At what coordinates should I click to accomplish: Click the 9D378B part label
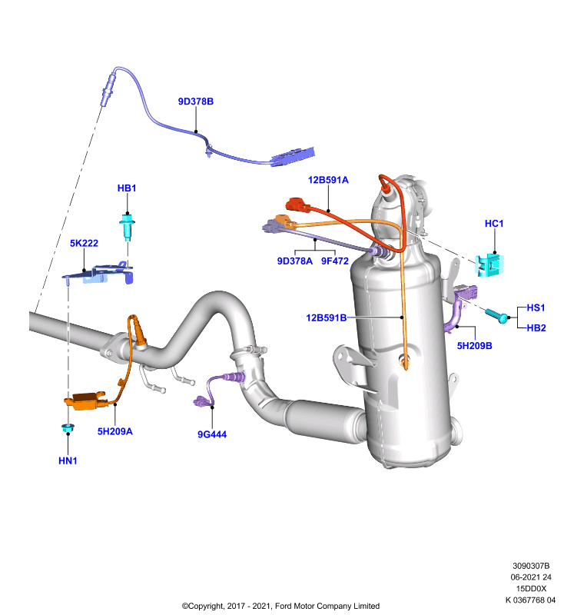196,101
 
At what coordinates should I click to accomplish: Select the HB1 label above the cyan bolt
127,188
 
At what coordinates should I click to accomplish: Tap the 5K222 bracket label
84,243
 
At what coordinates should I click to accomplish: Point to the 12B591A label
328,180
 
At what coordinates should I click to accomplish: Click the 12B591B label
326,317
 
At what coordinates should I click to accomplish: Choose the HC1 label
494,224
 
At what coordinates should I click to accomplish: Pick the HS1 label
536,308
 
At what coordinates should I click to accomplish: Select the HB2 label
536,328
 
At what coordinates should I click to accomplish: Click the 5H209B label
474,346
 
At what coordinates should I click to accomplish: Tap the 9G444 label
212,434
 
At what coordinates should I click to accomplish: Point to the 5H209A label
114,431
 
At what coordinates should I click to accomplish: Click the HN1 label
68,460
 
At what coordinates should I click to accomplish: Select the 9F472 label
335,261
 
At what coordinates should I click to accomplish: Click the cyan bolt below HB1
127,227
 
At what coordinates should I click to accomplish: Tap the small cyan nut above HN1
68,428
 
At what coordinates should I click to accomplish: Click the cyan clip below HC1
489,264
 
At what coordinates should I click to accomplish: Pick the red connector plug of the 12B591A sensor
298,205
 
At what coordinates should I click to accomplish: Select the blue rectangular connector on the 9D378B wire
294,157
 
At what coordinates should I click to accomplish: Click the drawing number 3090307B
531,566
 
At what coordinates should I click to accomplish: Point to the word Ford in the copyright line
284,606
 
